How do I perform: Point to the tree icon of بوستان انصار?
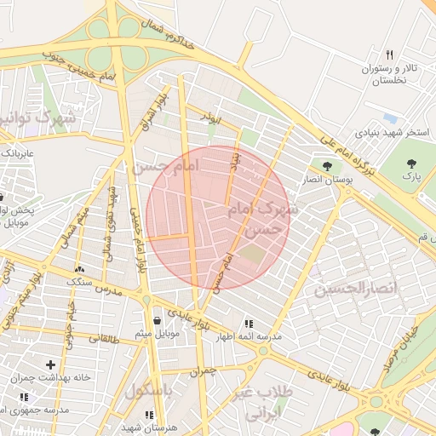(x=327, y=165)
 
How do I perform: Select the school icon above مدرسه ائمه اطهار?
(x=248, y=324)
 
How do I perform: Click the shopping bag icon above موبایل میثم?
(x=158, y=320)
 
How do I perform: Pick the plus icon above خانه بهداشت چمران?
(x=51, y=364)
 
